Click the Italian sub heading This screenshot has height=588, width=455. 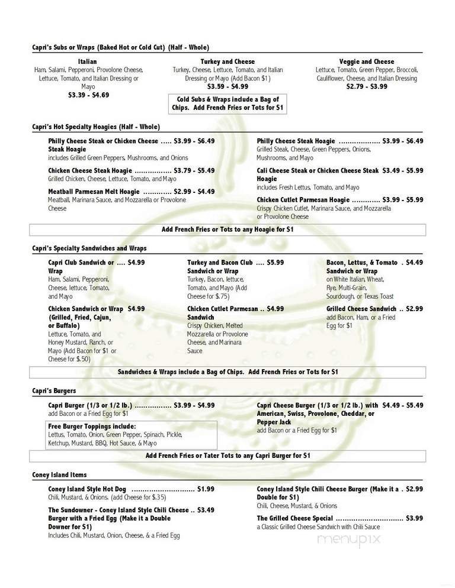87,62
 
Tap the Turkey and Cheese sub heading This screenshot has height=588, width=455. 227,62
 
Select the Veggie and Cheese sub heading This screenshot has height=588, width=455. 367,62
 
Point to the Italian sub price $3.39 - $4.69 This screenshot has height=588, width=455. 88,95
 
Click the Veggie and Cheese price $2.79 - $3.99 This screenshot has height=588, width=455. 367,86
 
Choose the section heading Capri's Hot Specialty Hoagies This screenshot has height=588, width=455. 97,127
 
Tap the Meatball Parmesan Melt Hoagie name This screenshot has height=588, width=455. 94,192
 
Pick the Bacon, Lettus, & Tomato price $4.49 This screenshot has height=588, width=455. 415,263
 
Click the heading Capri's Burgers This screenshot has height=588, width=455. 54,391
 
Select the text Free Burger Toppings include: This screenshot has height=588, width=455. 92,426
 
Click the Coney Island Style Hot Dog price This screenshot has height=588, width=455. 206,489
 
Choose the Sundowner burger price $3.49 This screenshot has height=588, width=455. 206,510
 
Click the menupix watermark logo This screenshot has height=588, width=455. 348,539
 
